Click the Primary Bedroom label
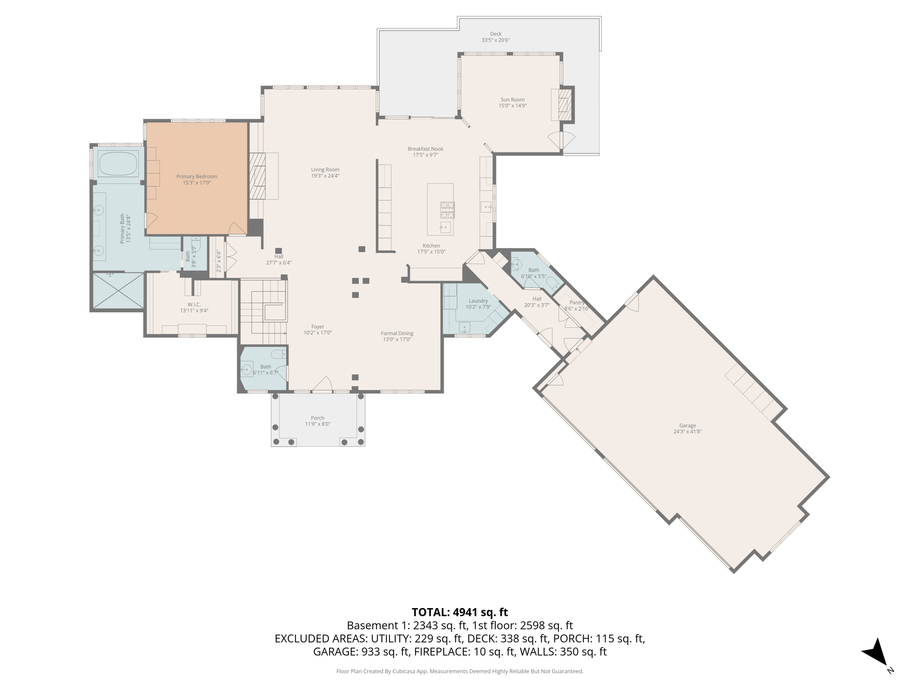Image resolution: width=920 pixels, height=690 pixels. click(197, 176)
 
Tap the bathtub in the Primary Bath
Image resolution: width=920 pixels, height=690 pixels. click(118, 164)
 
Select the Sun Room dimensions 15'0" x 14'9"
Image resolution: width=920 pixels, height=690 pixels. click(512, 105)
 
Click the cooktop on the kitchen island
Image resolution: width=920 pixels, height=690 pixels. click(447, 210)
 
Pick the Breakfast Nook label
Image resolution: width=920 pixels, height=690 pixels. click(425, 149)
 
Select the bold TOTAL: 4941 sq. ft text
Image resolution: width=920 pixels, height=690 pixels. click(460, 612)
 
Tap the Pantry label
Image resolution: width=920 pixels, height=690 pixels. click(577, 303)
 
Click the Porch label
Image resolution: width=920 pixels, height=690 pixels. click(317, 418)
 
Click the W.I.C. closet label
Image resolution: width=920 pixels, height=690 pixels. click(194, 305)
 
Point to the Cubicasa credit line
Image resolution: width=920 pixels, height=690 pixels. click(460, 671)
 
